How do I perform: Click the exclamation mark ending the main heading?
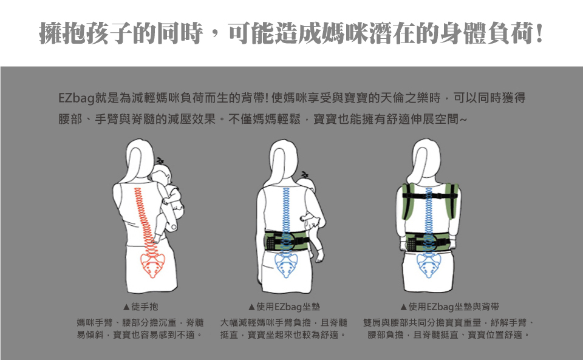(538, 33)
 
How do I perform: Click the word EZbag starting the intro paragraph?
(76, 98)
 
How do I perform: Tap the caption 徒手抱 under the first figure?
(145, 307)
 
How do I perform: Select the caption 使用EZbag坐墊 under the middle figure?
(288, 307)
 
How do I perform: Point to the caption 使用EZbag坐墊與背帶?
(454, 307)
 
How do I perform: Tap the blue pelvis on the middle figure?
(286, 265)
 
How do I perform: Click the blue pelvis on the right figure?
(429, 265)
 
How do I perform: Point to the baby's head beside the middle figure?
(306, 185)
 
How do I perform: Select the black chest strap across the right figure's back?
(429, 196)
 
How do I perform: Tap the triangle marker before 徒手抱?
(126, 307)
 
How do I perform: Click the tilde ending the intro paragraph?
(463, 120)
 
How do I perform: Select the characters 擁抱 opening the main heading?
(63, 33)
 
